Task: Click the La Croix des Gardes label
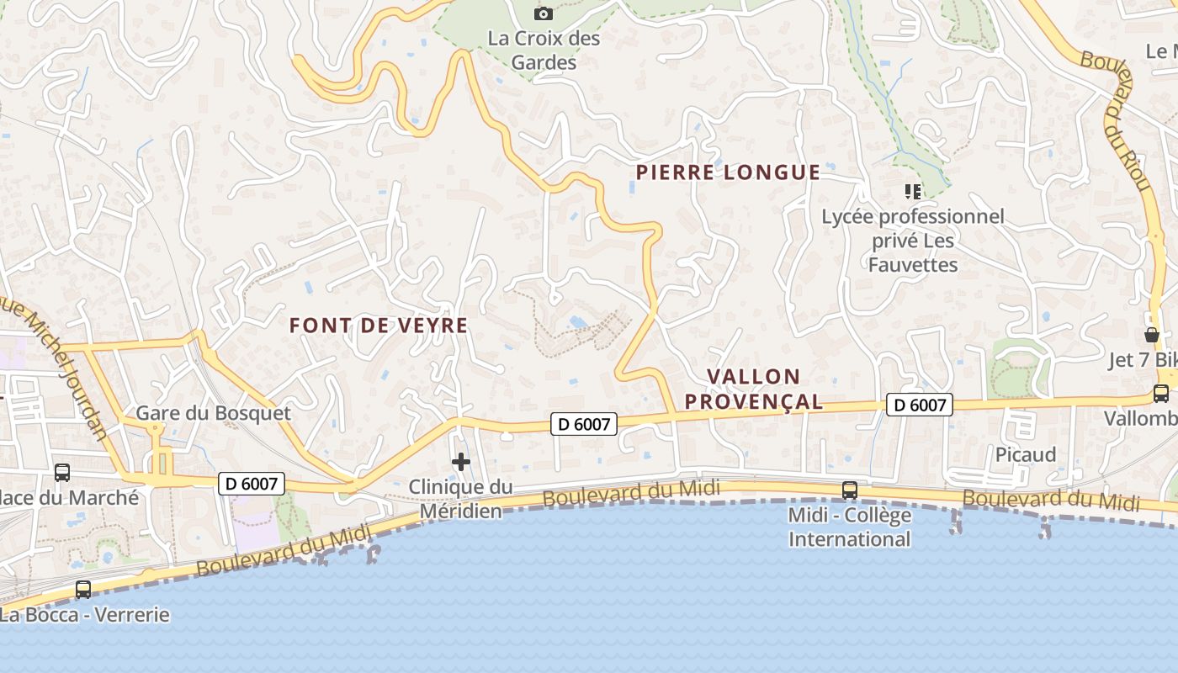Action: [x=544, y=50]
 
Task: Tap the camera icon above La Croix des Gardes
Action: [x=544, y=13]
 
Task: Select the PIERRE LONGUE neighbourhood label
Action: [x=728, y=173]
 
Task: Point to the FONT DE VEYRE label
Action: [x=379, y=326]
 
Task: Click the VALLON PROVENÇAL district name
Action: [x=753, y=389]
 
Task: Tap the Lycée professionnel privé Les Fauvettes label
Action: [x=913, y=241]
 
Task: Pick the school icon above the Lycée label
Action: [x=912, y=192]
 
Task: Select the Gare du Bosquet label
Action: [x=214, y=413]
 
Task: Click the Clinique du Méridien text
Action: [x=460, y=499]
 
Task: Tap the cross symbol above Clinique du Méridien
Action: [x=461, y=462]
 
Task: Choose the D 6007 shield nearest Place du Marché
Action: [x=252, y=484]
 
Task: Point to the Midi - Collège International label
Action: [x=849, y=527]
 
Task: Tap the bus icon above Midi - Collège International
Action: [x=850, y=490]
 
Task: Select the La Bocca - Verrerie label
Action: [x=84, y=615]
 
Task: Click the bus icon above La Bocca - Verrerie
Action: [x=83, y=590]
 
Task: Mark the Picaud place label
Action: [x=1026, y=455]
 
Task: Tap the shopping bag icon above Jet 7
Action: [x=1152, y=335]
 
